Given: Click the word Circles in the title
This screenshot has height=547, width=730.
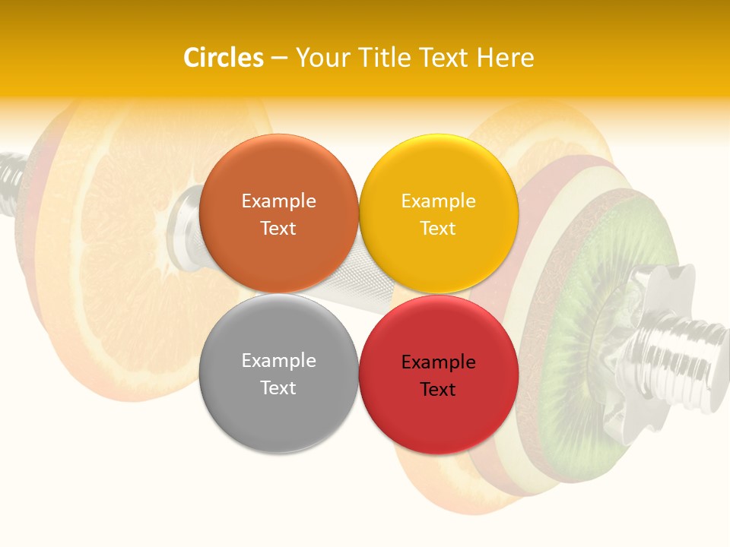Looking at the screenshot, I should [223, 58].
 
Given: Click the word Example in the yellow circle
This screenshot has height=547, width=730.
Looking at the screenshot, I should [438, 201].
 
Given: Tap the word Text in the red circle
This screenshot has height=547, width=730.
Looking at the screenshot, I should [438, 390].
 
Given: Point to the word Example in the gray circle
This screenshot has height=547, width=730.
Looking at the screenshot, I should [278, 361].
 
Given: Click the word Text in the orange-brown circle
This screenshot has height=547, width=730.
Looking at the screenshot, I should [278, 229].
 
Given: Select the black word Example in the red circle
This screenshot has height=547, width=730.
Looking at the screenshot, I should [438, 362].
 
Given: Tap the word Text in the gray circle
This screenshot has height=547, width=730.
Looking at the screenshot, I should [278, 388].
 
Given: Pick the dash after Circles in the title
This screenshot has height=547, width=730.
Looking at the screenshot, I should [279, 58].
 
